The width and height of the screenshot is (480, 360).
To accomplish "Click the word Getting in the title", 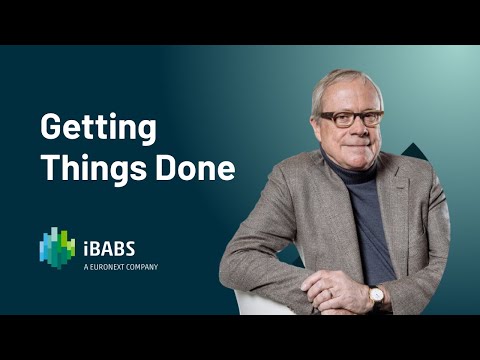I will pos(98,128).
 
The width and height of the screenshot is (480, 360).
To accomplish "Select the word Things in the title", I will pos(88,167).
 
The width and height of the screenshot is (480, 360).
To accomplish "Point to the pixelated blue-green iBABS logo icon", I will pos(57,248).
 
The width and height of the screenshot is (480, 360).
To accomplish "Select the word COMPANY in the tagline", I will pos(140,267).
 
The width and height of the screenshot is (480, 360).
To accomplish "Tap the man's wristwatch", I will pos(377,295).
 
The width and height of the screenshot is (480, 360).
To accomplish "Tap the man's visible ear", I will pos(319,125).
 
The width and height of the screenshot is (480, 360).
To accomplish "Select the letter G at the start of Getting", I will pos(51,128).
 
